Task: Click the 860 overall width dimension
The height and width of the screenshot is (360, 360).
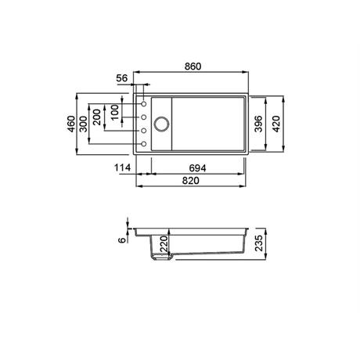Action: tap(193, 67)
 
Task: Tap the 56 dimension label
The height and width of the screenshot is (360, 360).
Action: tap(122, 78)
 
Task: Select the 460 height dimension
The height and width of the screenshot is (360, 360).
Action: tap(71, 124)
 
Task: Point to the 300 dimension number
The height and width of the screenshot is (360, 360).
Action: tap(83, 124)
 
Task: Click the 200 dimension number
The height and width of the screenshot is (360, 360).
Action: tap(96, 117)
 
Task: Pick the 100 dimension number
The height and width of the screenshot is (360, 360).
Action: tap(114, 112)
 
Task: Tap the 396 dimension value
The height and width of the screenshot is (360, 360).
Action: tap(258, 124)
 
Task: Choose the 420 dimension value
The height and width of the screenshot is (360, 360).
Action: tap(276, 124)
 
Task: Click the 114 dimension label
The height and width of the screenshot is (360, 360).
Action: tap(122, 167)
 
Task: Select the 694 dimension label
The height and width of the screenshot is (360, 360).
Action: tap(197, 168)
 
